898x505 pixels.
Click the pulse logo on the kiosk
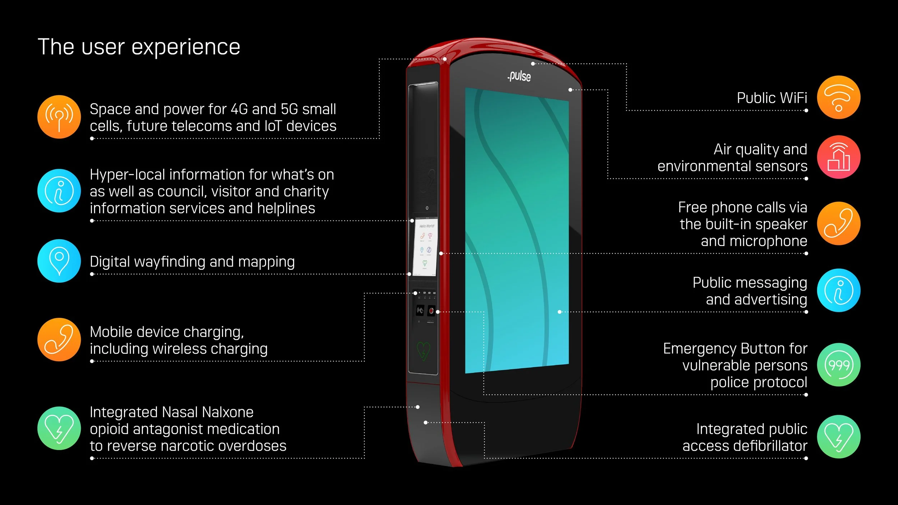click(519, 76)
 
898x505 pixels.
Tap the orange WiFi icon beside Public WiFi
click(838, 97)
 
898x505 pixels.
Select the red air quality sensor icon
click(838, 157)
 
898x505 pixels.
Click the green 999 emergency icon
click(838, 365)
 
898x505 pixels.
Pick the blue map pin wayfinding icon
click(59, 261)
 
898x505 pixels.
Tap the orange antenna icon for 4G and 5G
click(59, 117)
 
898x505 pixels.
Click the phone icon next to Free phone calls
click(838, 223)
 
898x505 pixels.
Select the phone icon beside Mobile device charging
click(59, 339)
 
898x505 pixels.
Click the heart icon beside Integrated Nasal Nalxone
click(59, 428)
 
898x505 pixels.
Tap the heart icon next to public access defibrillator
click(838, 437)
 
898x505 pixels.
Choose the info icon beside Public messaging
click(838, 290)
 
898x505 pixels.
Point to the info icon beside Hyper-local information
click(59, 191)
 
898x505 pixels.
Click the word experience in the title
click(186, 47)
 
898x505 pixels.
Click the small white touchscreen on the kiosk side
click(425, 247)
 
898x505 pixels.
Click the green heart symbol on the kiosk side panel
click(423, 350)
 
